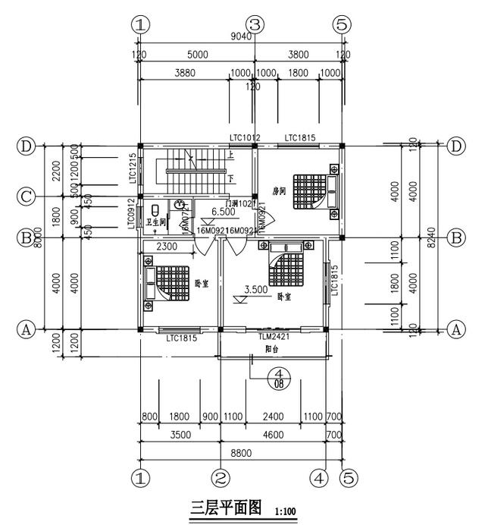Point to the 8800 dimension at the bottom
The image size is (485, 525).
pyautogui.click(x=241, y=453)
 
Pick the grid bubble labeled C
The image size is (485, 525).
pyautogui.click(x=27, y=196)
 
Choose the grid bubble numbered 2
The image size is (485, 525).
pyautogui.click(x=220, y=478)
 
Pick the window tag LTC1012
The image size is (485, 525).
pyautogui.click(x=246, y=137)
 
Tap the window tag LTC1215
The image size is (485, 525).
pyautogui.click(x=133, y=168)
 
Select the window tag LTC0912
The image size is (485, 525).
pyautogui.click(x=132, y=214)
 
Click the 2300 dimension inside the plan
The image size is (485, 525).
pyautogui.click(x=168, y=247)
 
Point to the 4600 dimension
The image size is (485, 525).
pyautogui.click(x=273, y=436)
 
